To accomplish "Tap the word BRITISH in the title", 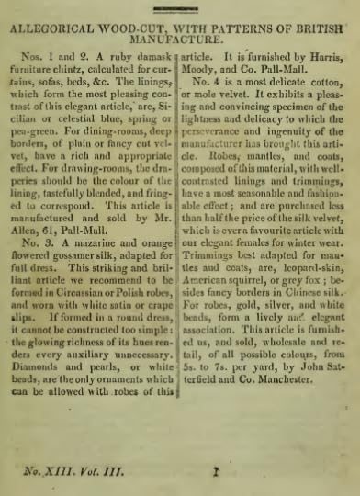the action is point(321,28).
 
